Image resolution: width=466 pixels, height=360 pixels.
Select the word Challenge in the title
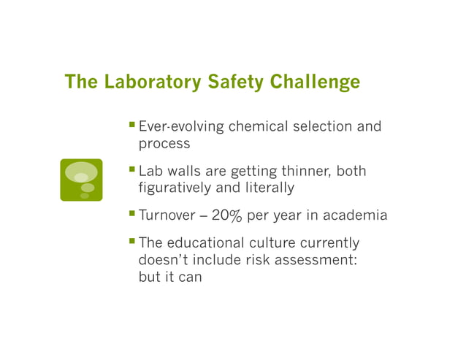(315, 82)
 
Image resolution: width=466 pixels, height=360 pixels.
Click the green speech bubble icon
(81, 179)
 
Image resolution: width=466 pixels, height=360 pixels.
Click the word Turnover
(167, 215)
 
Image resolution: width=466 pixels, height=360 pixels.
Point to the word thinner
(301, 172)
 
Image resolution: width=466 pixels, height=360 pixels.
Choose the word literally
(268, 188)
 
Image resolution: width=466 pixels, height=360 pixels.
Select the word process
(164, 143)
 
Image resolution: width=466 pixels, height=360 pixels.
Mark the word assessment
(318, 260)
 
